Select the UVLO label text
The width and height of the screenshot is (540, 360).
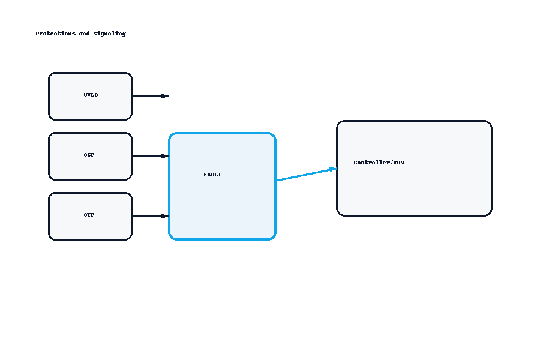(91, 95)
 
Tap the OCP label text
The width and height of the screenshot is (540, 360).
(89, 155)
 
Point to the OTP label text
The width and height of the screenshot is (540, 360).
(89, 215)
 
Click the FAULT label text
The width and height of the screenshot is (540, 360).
(212, 175)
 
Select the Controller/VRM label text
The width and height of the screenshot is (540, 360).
(379, 163)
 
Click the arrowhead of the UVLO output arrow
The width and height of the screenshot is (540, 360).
(164, 96)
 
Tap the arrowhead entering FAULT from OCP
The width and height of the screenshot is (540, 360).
(164, 156)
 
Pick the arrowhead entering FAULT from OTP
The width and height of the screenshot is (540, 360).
(164, 216)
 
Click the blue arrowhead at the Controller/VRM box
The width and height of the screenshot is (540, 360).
(332, 169)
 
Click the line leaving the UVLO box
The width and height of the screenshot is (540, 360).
(146, 96)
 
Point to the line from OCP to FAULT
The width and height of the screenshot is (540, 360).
(146, 156)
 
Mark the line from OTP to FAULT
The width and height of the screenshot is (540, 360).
(146, 216)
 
